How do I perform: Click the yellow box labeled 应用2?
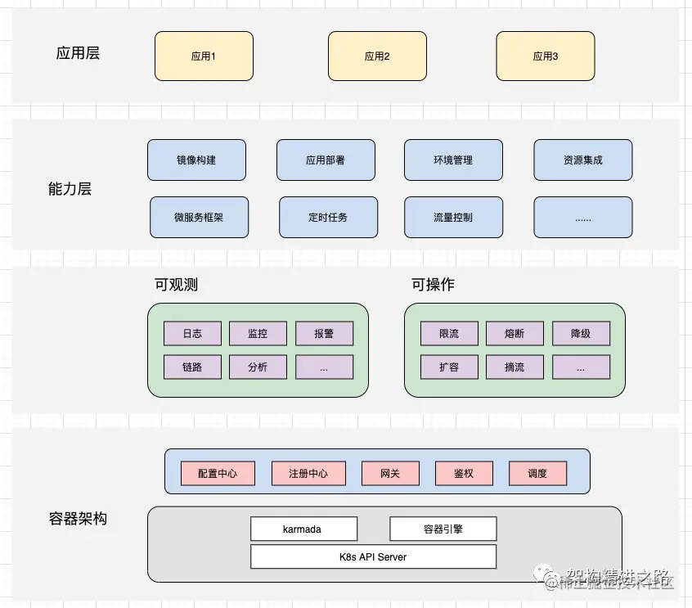[377, 56]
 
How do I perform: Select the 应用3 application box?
[546, 56]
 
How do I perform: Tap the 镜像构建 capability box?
[196, 160]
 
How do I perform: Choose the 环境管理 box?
[453, 160]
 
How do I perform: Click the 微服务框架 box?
[199, 217]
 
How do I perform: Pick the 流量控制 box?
[453, 217]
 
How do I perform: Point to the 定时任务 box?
[328, 217]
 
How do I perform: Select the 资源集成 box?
[582, 160]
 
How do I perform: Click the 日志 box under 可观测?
[192, 333]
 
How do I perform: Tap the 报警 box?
[324, 333]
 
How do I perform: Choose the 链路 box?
[192, 367]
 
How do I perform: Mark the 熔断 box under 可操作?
[515, 333]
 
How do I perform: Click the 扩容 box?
[449, 367]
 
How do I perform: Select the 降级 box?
[581, 333]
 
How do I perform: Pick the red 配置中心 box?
[218, 473]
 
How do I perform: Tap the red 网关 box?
[390, 473]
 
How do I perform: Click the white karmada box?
[303, 529]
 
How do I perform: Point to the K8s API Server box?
[373, 556]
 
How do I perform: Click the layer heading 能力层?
[70, 189]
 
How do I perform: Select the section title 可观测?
[176, 285]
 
